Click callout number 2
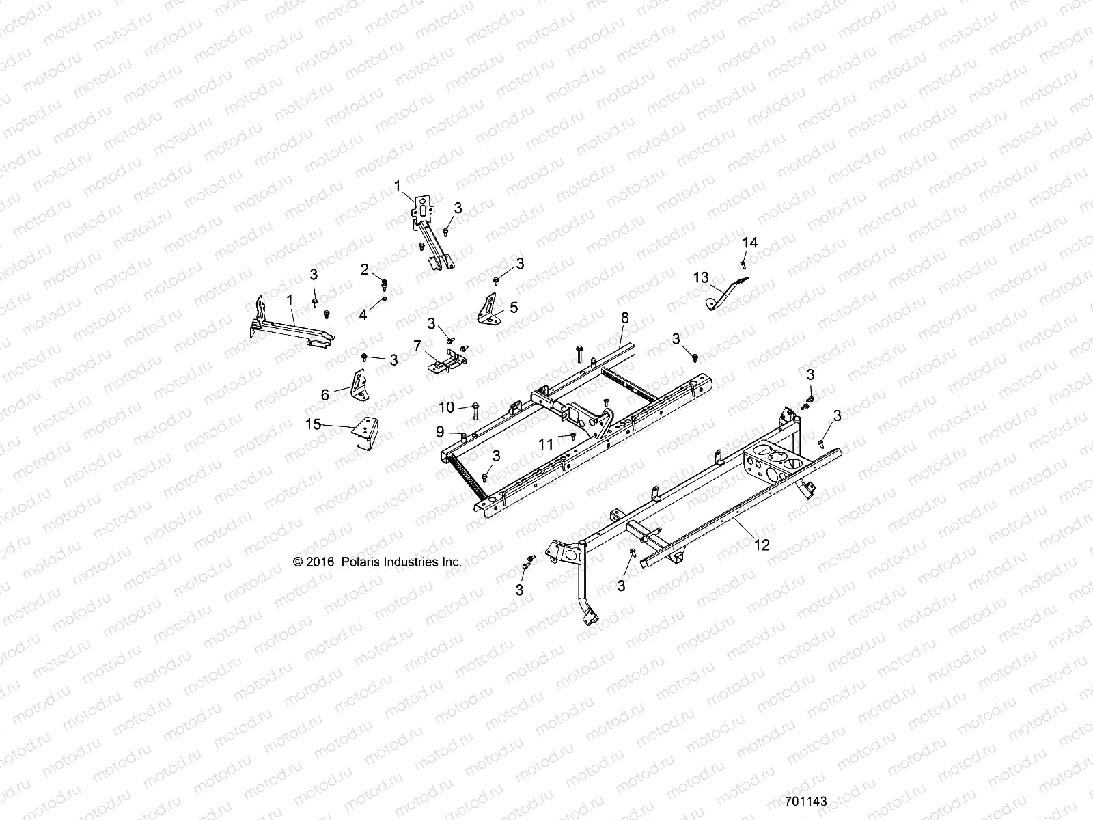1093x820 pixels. (365, 269)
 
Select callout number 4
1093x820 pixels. (363, 315)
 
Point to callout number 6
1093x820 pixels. (325, 394)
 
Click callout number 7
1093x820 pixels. (417, 346)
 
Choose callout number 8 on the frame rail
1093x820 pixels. (624, 317)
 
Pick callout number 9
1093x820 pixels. (440, 432)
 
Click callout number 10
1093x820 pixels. (446, 407)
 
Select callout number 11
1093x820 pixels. (545, 444)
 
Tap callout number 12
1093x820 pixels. (762, 545)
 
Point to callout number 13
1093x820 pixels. (701, 277)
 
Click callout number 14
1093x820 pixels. (750, 243)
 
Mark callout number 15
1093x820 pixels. (313, 424)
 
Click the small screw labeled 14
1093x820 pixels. (743, 262)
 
